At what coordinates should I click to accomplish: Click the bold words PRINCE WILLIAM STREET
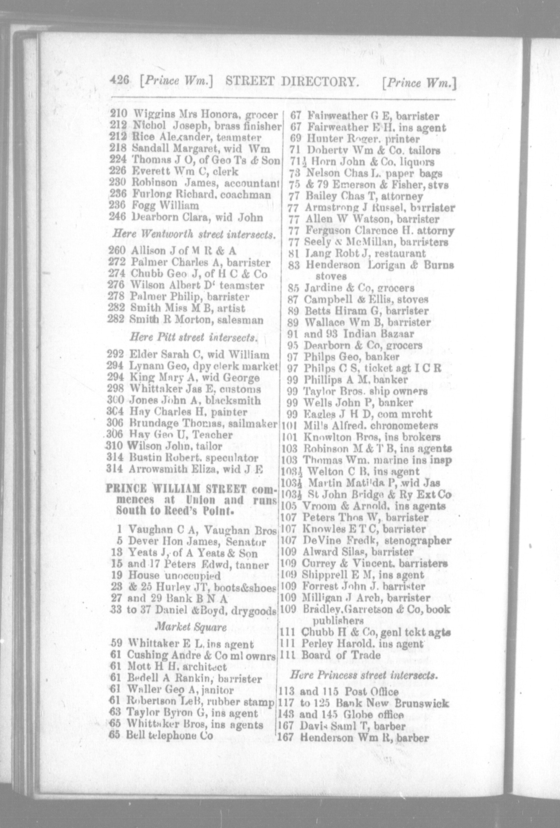pos(177,489)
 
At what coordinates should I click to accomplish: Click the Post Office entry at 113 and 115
pos(339,692)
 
